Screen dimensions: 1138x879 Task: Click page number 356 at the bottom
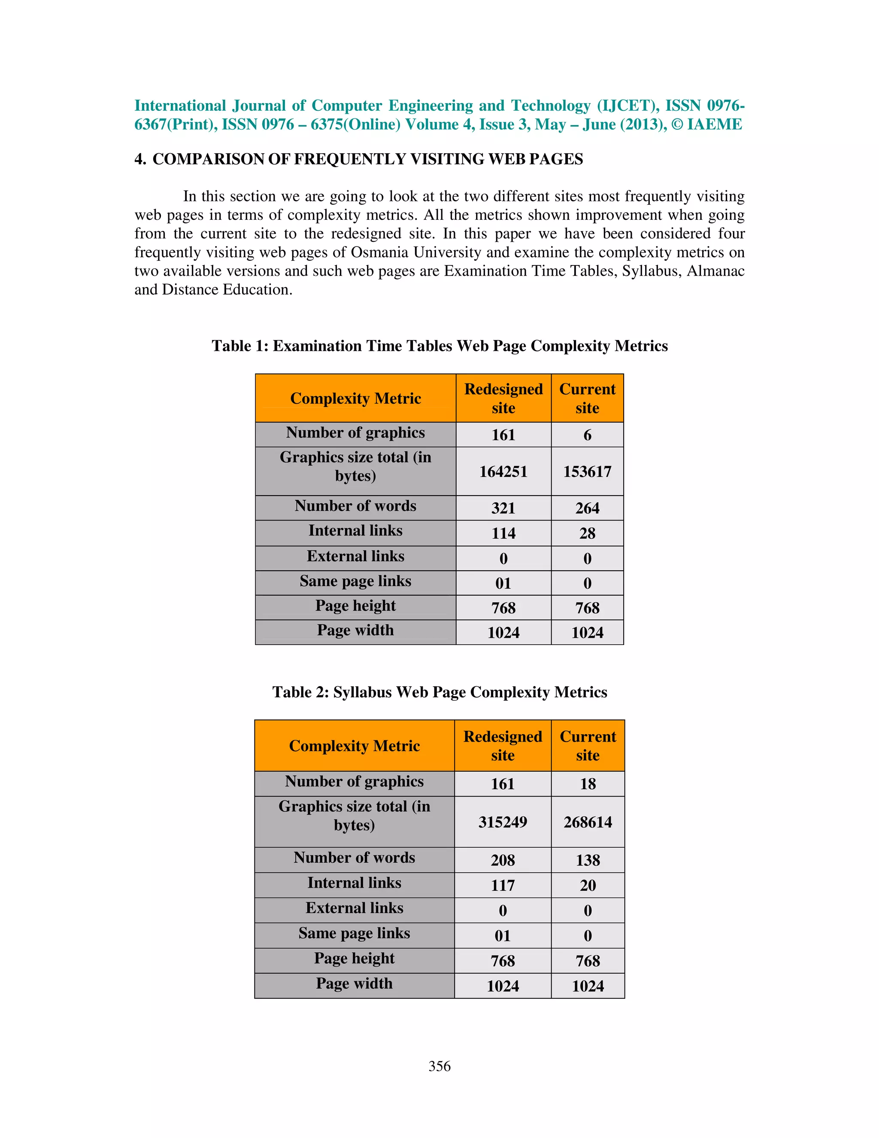pos(439,1066)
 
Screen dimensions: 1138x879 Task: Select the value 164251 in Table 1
pos(503,472)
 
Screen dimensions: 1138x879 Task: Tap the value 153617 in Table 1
pos(587,472)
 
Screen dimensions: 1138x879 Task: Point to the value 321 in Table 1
pos(503,508)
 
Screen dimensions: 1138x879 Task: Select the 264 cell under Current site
pos(587,508)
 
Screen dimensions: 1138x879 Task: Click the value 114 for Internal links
pos(503,533)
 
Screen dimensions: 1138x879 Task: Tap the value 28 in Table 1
pos(587,533)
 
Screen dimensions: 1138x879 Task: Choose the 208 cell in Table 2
pos(503,860)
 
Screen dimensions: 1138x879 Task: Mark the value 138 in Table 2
pos(588,860)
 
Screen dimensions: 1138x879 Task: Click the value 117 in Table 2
pos(503,885)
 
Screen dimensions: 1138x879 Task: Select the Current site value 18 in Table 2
pos(588,784)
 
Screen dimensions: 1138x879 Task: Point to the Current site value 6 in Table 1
pos(587,435)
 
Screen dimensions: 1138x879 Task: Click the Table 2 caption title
pos(439,692)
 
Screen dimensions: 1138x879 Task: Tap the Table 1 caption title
pos(439,346)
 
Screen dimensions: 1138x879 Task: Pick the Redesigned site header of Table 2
pos(503,745)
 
